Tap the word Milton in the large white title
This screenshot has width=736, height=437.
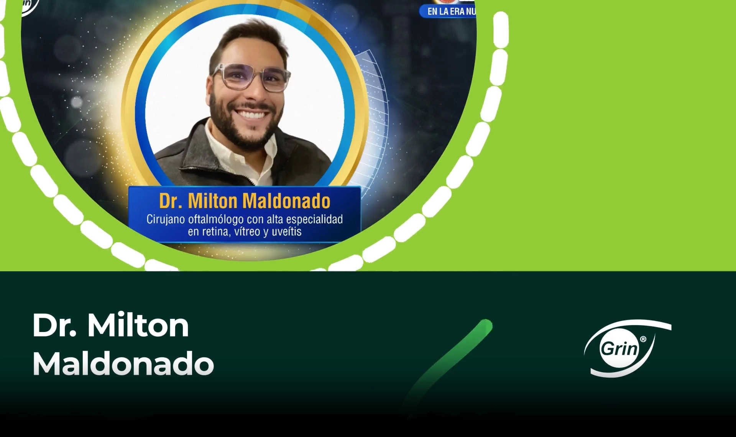click(138, 326)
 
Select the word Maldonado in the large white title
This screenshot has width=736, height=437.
click(123, 364)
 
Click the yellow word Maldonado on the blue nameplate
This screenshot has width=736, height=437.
click(286, 201)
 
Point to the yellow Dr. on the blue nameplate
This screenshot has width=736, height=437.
click(171, 201)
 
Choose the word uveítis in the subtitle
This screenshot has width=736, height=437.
click(286, 232)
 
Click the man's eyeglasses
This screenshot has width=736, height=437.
click(251, 77)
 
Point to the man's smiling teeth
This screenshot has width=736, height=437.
click(251, 114)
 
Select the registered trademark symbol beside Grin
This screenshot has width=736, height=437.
click(643, 339)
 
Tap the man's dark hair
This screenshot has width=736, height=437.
click(249, 36)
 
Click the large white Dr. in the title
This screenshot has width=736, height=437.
click(54, 326)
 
